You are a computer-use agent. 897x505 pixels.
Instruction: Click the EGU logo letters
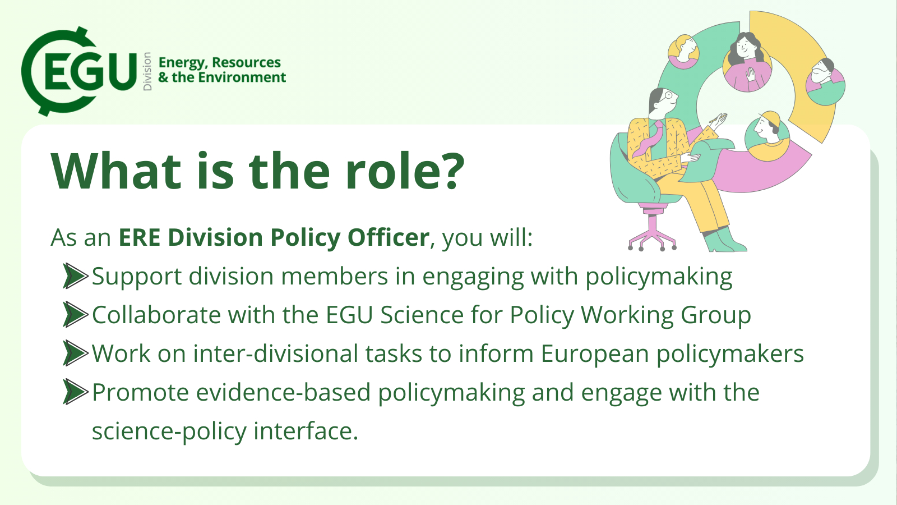pos(90,71)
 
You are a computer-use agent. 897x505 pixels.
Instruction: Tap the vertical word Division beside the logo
pos(147,71)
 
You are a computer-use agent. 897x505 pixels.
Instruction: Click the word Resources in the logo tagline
pos(246,63)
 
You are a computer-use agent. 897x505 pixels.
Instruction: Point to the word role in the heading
pos(387,170)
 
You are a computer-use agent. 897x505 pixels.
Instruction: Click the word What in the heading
pos(115,170)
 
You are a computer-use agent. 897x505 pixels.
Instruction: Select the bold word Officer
pos(389,237)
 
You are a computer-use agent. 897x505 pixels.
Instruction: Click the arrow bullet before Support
pos(75,276)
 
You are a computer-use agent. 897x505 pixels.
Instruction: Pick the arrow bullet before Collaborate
pos(75,315)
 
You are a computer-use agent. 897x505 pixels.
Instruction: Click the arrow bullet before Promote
pos(75,392)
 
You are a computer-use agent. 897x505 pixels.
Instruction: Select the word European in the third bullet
pos(595,355)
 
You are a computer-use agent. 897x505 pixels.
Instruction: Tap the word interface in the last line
pos(306,431)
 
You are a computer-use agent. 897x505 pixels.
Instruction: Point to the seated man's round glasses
pos(668,96)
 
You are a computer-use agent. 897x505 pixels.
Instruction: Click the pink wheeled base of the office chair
pos(653,232)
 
